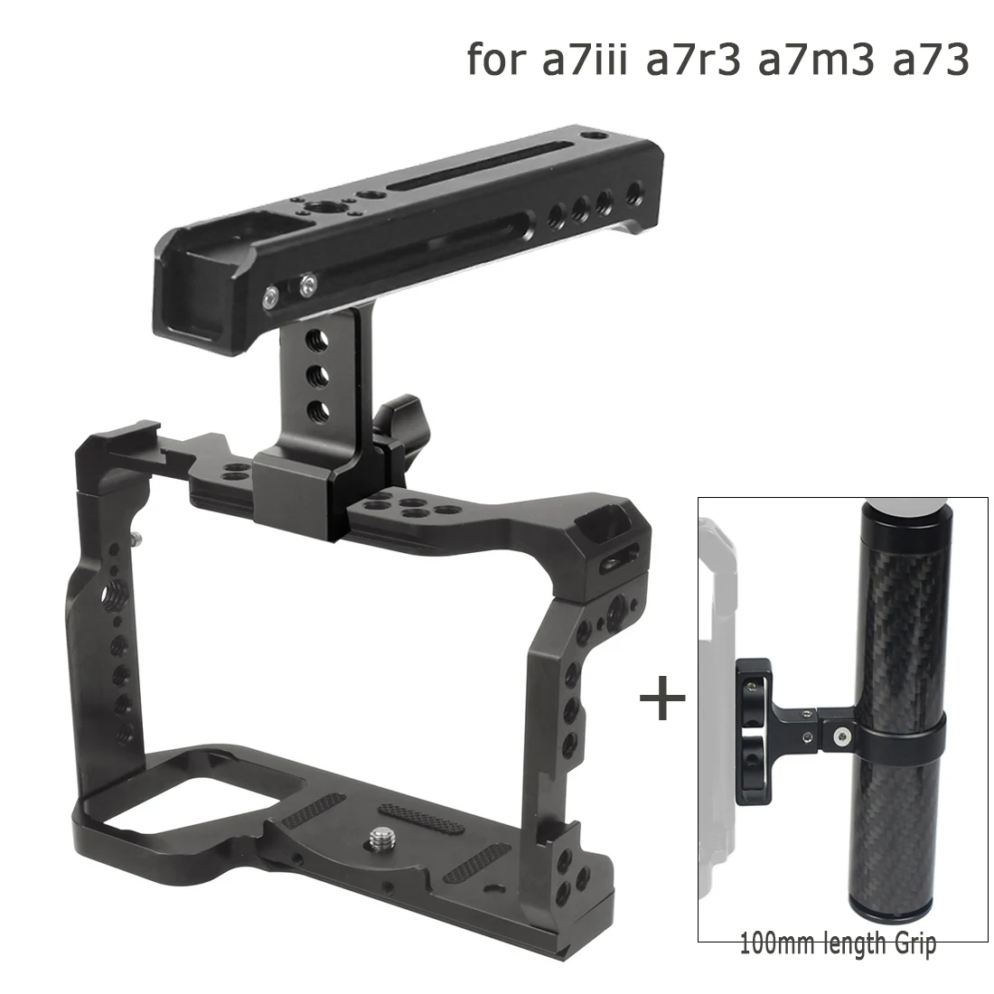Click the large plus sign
661,699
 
